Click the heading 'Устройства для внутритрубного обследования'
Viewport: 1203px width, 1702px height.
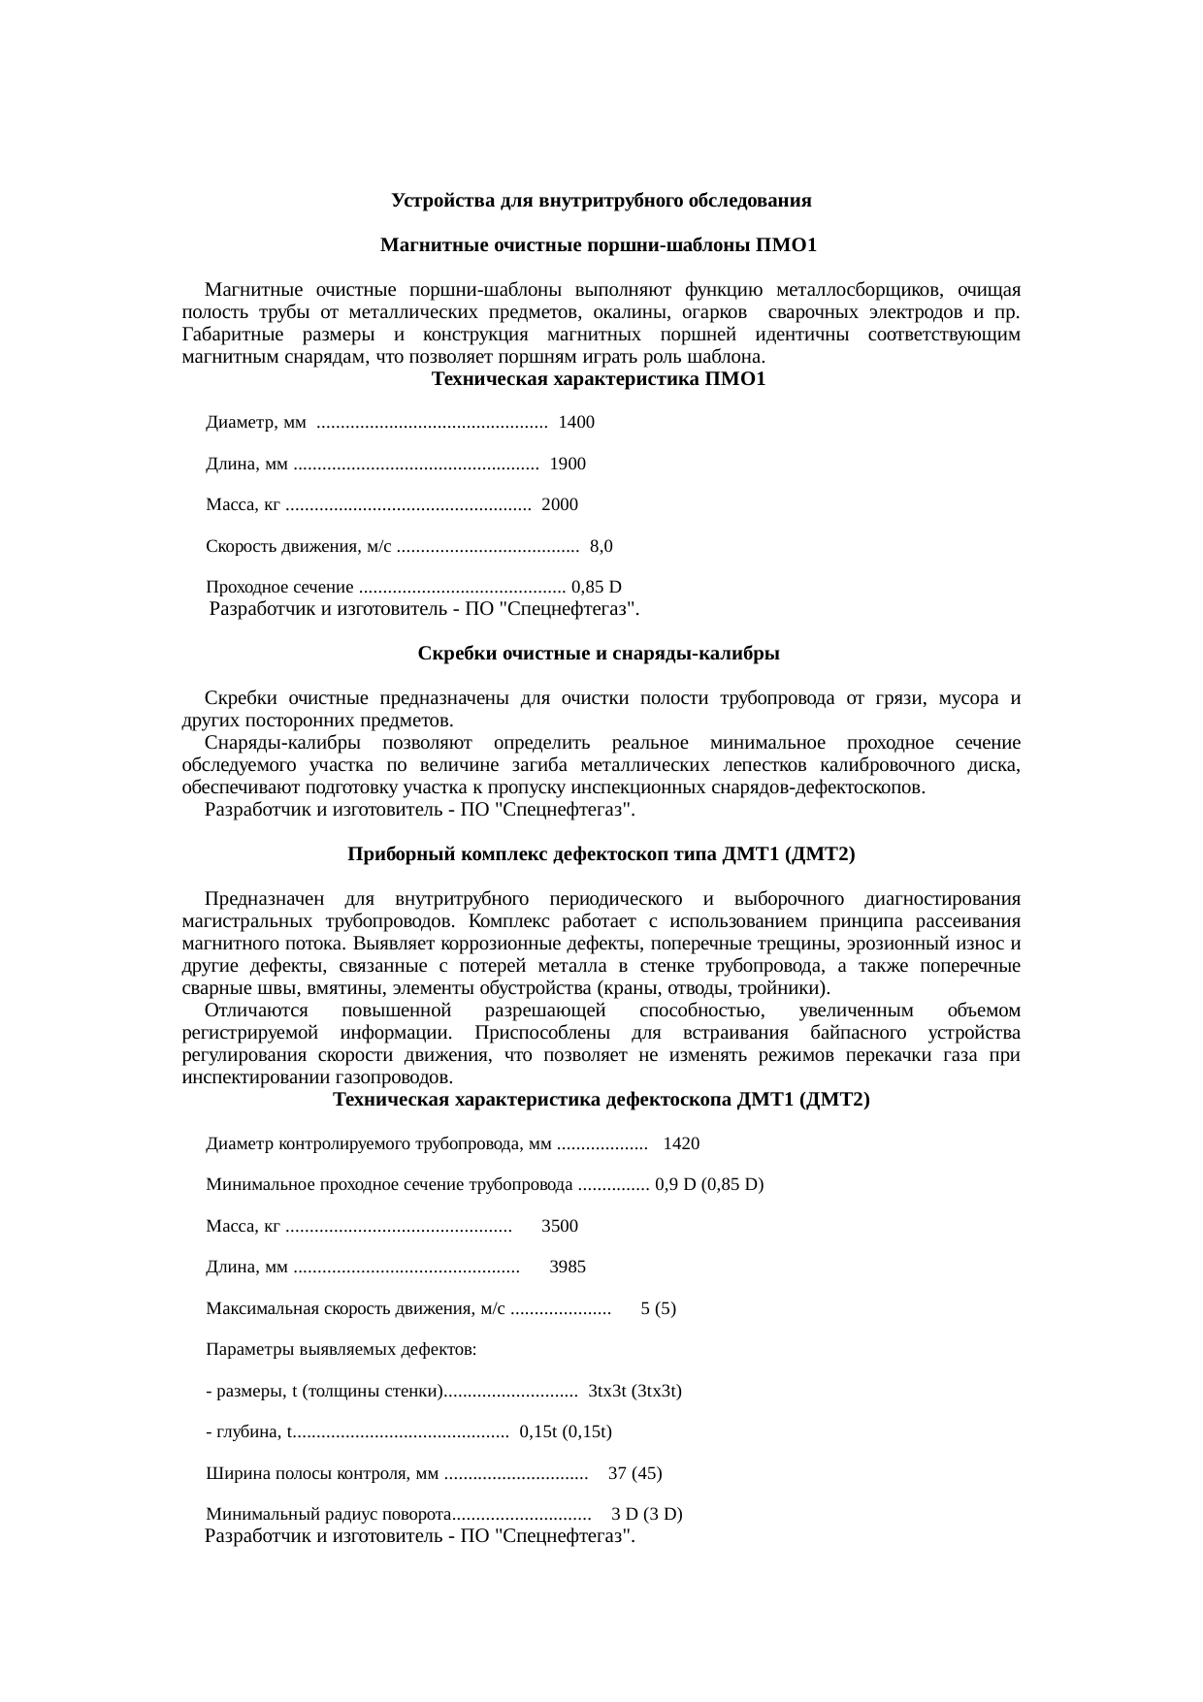tap(601, 202)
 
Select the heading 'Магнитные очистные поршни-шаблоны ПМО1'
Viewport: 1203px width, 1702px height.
tap(599, 246)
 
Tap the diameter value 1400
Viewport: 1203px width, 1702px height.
tap(577, 423)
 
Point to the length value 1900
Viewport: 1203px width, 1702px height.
tap(568, 465)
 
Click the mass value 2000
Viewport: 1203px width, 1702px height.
tap(560, 505)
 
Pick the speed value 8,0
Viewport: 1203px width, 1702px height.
tap(601, 547)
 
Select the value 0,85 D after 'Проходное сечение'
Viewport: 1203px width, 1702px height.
tap(597, 588)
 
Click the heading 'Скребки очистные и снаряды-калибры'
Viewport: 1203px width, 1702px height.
tap(599, 655)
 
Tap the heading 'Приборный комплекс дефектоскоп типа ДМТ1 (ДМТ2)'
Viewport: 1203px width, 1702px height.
tap(601, 855)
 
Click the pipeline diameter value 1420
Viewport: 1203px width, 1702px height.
tap(681, 1144)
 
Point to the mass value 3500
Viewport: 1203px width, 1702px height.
tap(560, 1227)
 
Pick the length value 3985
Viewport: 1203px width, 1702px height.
tap(568, 1268)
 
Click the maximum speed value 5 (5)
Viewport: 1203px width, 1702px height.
tap(659, 1309)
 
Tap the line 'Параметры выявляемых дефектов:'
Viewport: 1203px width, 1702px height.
tap(341, 1350)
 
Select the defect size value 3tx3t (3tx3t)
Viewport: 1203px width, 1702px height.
tap(635, 1392)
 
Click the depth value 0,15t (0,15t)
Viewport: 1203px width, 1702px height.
tap(566, 1432)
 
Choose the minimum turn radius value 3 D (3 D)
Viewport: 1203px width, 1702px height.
tap(646, 1515)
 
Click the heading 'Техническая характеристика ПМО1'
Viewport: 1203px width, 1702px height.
tap(599, 380)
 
